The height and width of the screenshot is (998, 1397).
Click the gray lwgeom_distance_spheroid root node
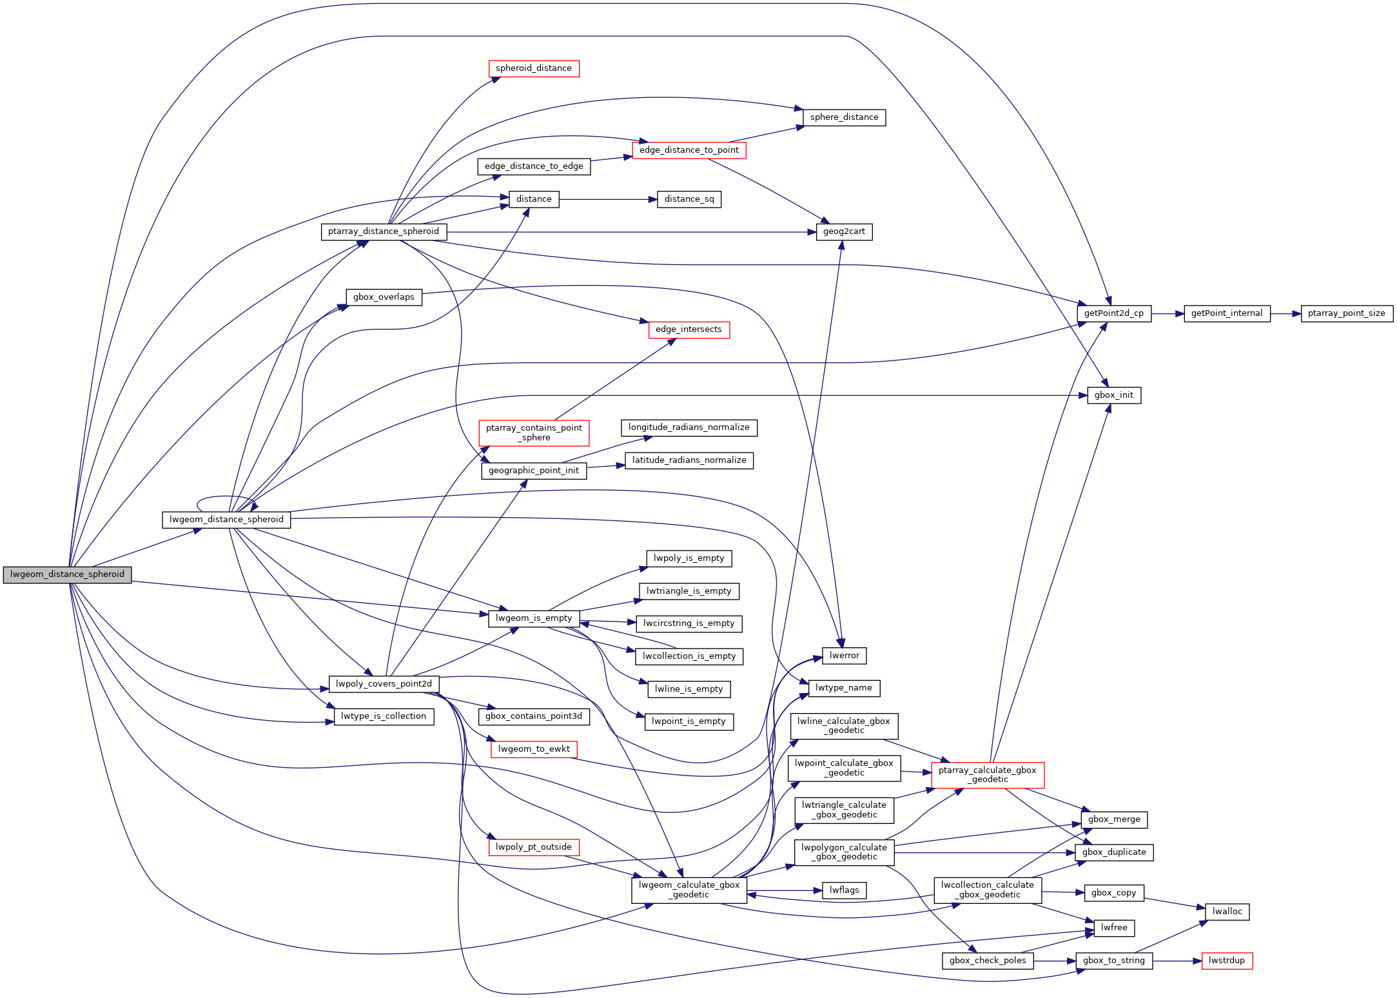tap(67, 574)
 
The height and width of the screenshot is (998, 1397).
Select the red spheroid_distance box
tap(533, 68)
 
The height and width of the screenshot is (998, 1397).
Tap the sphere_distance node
tap(844, 117)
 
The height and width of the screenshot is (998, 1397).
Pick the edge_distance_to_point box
tap(689, 150)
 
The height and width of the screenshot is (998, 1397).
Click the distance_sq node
tap(689, 199)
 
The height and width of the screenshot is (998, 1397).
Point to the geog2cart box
tap(844, 232)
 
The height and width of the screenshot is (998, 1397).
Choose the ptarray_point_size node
tap(1346, 314)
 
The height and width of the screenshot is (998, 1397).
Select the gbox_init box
tap(1113, 395)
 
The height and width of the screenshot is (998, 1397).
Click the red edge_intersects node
tap(689, 329)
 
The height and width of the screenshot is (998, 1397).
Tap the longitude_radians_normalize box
tap(689, 427)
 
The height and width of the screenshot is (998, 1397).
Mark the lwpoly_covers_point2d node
tap(384, 684)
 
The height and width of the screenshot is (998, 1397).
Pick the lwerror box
tap(844, 656)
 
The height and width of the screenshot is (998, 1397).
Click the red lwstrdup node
tap(1226, 961)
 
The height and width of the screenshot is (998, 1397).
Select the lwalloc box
tap(1226, 912)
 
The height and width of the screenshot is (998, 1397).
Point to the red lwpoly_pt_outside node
tap(533, 847)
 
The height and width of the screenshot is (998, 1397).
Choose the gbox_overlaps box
tap(384, 297)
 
